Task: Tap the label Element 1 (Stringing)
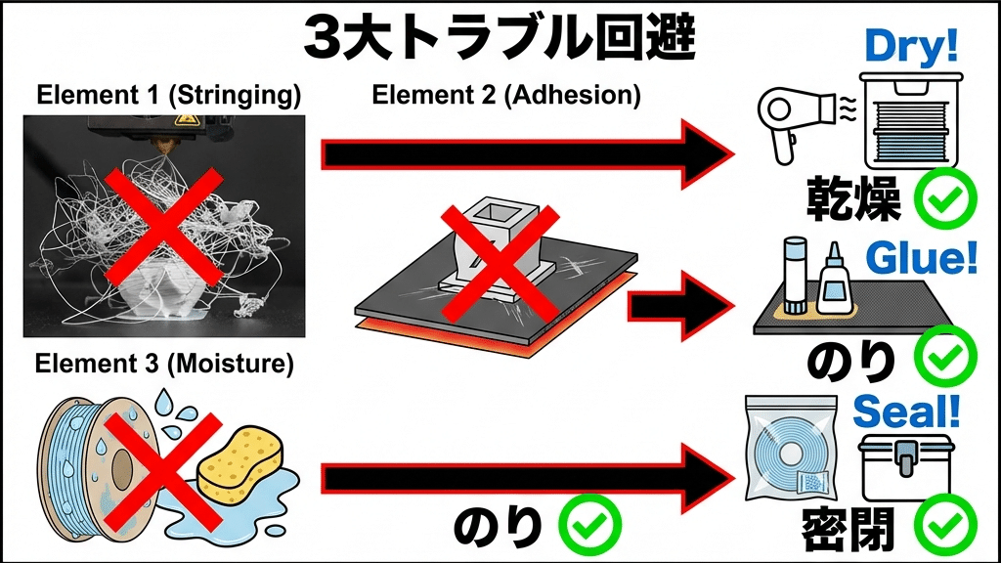click(x=167, y=98)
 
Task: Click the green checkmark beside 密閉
click(x=945, y=527)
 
